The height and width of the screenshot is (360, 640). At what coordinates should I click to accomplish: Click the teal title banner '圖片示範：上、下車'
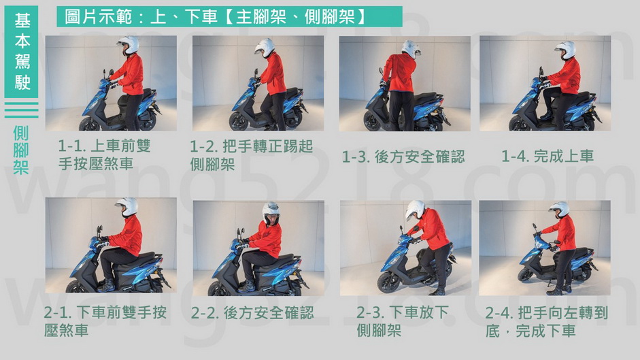tap(229, 17)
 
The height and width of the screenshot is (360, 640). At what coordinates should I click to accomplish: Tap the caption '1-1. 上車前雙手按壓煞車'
tap(105, 154)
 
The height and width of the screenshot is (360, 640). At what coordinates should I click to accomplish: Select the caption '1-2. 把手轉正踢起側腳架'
tap(252, 155)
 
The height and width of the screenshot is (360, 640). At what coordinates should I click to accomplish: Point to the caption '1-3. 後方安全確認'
tap(403, 157)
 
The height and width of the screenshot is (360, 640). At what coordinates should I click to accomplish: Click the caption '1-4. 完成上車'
tap(548, 156)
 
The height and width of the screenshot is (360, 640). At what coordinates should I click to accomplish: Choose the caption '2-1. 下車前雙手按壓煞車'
tap(105, 322)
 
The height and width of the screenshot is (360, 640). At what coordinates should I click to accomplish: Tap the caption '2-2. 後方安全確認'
tap(252, 313)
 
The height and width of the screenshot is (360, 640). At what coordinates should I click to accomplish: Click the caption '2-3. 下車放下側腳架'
tap(403, 322)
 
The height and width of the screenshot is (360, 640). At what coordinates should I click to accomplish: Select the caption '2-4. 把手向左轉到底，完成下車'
tap(547, 322)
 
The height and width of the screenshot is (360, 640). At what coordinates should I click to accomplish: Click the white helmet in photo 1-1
tap(129, 44)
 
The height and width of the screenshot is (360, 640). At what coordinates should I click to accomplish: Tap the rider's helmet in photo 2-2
tap(271, 213)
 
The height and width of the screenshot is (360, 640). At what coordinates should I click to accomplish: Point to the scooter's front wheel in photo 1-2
tap(239, 121)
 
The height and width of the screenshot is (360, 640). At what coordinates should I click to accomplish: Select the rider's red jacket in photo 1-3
tap(399, 72)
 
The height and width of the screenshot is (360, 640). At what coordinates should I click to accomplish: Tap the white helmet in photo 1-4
tap(566, 50)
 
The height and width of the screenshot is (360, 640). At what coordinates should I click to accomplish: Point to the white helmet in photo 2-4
tap(560, 209)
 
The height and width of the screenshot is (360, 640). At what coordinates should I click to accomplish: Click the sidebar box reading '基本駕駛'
tap(22, 52)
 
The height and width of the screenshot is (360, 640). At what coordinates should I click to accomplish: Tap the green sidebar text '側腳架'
tap(21, 150)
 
